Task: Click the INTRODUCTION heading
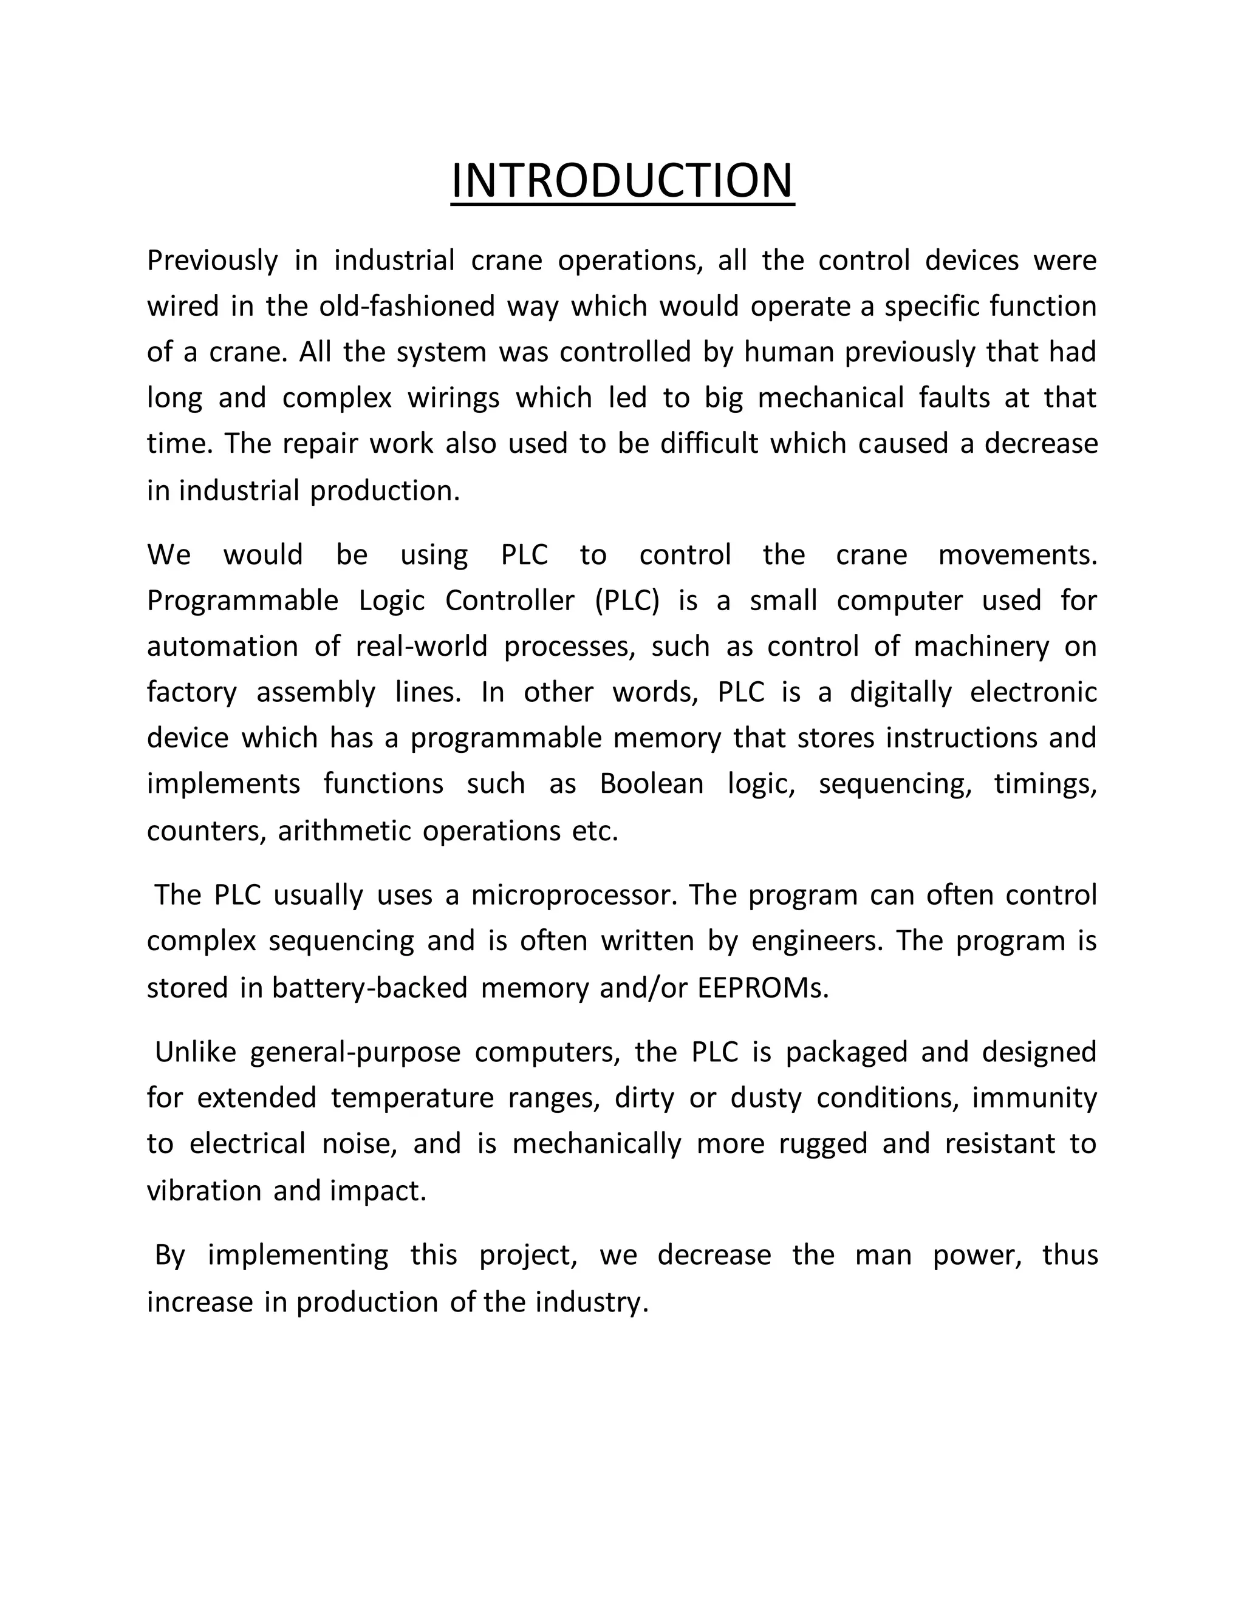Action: click(622, 180)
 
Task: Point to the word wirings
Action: click(453, 398)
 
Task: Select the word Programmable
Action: click(242, 600)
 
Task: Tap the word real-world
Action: click(422, 646)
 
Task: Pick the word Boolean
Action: click(652, 783)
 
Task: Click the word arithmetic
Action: click(343, 831)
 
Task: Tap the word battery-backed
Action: click(370, 988)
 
